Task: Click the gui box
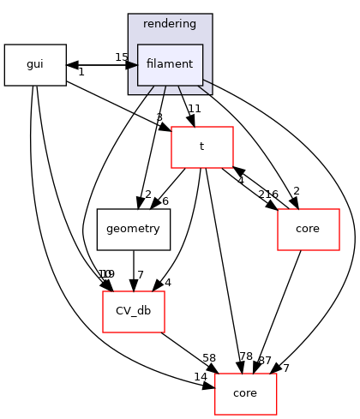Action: click(35, 65)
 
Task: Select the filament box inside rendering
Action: click(170, 65)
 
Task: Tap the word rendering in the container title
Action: click(170, 23)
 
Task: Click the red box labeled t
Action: click(202, 147)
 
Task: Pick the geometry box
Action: click(133, 229)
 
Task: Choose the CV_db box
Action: click(133, 311)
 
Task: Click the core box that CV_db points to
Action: click(245, 393)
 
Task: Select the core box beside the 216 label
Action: click(309, 229)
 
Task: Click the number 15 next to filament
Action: click(122, 57)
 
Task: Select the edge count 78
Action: click(246, 356)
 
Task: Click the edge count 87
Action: click(264, 361)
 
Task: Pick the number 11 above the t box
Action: click(195, 109)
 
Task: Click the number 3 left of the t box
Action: click(159, 117)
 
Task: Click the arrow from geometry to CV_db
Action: click(133, 270)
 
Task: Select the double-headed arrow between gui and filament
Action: click(101, 65)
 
